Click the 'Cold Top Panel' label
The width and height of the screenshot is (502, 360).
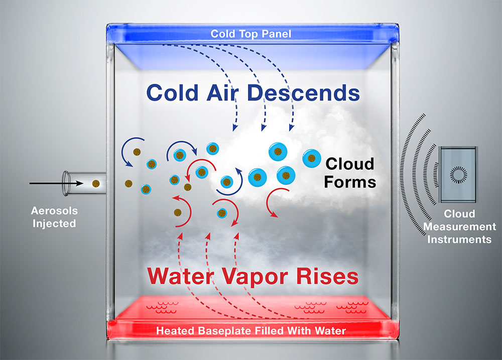click(x=251, y=34)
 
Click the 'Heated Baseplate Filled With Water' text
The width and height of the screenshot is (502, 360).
click(x=250, y=331)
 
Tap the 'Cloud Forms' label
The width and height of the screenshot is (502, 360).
click(x=350, y=172)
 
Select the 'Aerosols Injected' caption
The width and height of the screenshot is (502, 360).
click(x=53, y=216)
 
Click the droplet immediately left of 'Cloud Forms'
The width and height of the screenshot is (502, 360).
click(x=311, y=158)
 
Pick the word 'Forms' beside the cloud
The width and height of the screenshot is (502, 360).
click(x=350, y=181)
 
